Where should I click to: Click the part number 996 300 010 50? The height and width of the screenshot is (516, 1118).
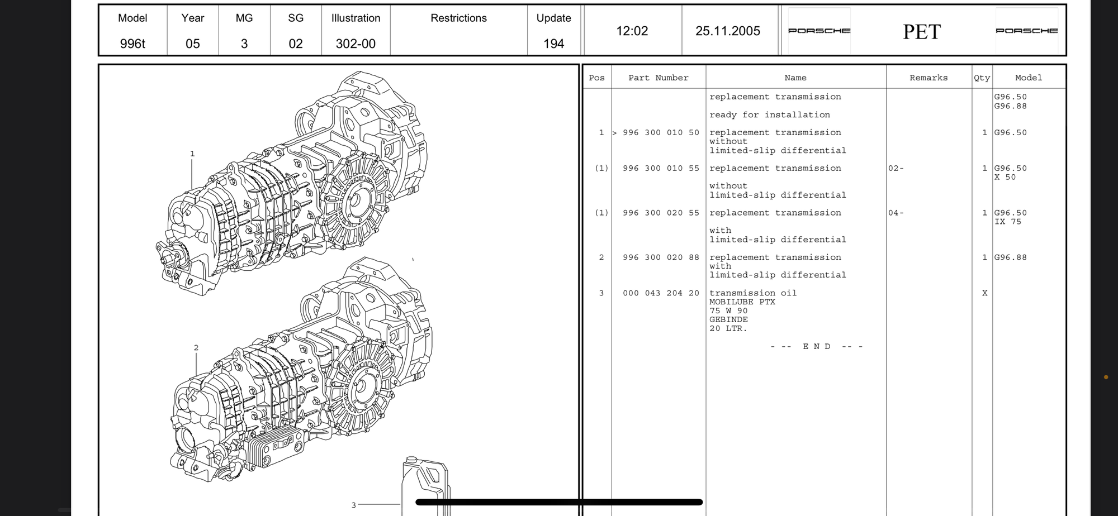tap(661, 133)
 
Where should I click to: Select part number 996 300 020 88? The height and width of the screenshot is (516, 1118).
tap(661, 257)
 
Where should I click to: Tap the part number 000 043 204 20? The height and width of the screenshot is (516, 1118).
tap(661, 293)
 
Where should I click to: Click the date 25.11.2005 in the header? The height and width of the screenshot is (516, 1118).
tap(727, 31)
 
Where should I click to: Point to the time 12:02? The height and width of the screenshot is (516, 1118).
tap(632, 31)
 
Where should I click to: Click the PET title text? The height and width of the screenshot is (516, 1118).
tap(922, 32)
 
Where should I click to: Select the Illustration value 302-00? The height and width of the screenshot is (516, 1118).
tap(356, 44)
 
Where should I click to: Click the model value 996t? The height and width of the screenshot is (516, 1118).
tap(132, 44)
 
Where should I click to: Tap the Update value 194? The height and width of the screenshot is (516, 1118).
tap(553, 44)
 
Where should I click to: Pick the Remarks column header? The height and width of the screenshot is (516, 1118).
tap(928, 78)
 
